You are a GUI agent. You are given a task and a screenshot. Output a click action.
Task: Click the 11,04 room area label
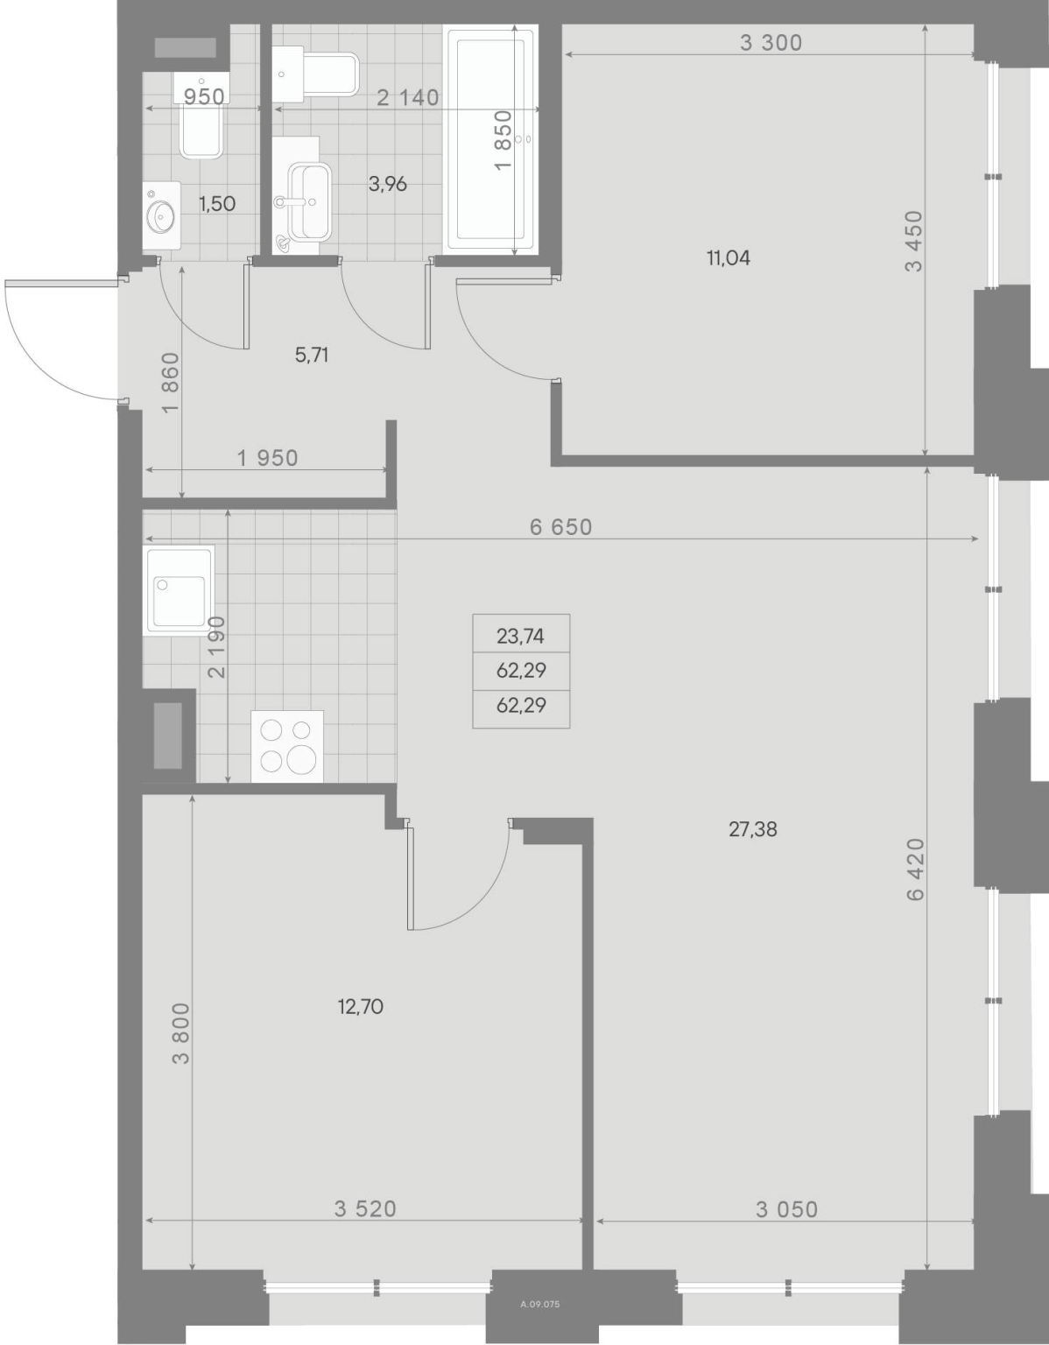[729, 258]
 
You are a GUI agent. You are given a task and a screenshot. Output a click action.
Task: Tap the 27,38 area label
[752, 829]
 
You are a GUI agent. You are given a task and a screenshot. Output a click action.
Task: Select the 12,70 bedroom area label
[360, 1007]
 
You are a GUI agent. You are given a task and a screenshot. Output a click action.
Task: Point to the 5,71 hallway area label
[312, 356]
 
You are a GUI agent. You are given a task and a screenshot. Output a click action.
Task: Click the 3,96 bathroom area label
[387, 184]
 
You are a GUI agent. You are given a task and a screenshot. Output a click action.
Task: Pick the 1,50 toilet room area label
[217, 204]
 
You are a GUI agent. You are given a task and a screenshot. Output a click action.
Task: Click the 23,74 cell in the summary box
[520, 636]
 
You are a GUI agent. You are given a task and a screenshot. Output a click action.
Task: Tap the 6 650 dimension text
[560, 527]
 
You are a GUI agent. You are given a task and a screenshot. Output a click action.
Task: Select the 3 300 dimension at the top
[771, 43]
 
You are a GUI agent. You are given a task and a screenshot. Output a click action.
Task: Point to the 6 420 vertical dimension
[915, 869]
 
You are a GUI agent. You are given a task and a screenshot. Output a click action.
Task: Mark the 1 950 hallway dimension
[267, 458]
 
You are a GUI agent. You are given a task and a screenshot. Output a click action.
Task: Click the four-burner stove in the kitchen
[287, 746]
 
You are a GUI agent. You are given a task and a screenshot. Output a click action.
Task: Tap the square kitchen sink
[179, 590]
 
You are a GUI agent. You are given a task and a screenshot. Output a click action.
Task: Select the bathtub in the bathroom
[490, 138]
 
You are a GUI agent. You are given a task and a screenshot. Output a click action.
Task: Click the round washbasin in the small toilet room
[162, 216]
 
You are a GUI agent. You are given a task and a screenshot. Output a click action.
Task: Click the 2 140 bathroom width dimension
[408, 97]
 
